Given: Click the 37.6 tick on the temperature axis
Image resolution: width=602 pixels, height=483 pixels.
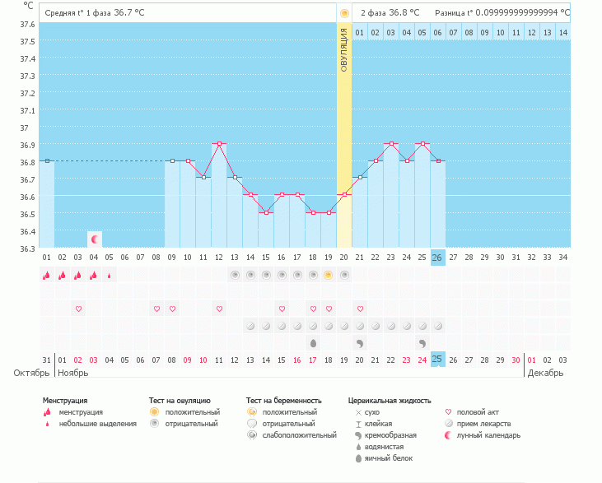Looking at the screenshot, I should pos(28,24).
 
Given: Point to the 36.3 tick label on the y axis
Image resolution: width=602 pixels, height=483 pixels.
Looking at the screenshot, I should pos(28,248).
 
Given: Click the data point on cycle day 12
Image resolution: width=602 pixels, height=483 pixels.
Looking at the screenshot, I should pos(219,143).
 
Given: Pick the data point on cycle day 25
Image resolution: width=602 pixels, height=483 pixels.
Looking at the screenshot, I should pos(422,143).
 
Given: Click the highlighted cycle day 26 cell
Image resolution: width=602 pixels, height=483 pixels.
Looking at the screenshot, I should pos(438,258).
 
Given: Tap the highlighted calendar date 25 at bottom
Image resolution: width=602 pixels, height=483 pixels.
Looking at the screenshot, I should pos(438,360).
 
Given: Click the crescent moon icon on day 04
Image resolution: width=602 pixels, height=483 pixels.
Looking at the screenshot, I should pos(95,239).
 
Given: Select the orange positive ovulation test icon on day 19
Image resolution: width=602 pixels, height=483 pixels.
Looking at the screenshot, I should pos(329,276).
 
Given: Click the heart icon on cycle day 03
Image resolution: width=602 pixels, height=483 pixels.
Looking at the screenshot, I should pos(79,309).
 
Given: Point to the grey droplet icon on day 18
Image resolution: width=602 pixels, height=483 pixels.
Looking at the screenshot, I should pos(313,342).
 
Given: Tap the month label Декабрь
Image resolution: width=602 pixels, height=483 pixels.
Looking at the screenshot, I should pos(545,373).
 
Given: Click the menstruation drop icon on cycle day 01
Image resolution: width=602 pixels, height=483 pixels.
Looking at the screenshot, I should pos(47,276).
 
